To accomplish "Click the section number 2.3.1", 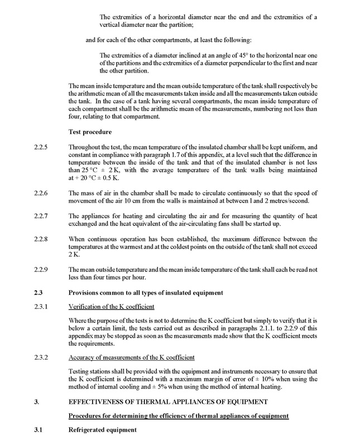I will (41, 307).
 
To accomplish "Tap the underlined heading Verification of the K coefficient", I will (107, 307).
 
